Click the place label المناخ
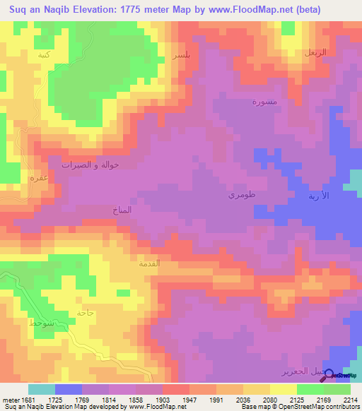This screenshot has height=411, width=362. [x=122, y=210]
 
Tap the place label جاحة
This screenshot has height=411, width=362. [x=86, y=312]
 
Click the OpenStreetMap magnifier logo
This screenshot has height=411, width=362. [x=329, y=376]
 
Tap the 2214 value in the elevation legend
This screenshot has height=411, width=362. [x=351, y=400]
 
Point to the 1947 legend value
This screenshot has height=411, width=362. [x=189, y=400]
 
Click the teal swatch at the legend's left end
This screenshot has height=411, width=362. [x=41, y=389]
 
